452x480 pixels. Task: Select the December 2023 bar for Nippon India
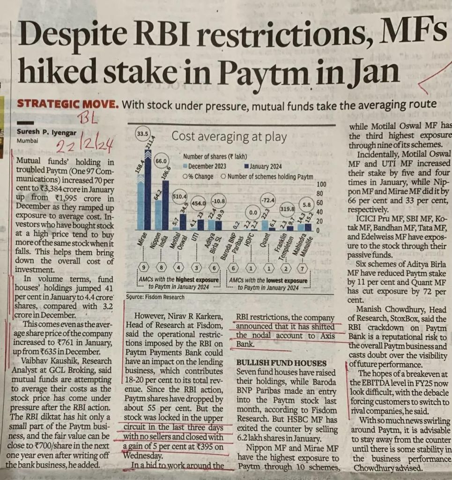click(158, 215)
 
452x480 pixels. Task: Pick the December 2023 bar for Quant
click(265, 225)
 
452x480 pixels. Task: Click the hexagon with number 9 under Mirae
click(143, 268)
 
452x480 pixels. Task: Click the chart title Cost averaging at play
click(229, 137)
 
